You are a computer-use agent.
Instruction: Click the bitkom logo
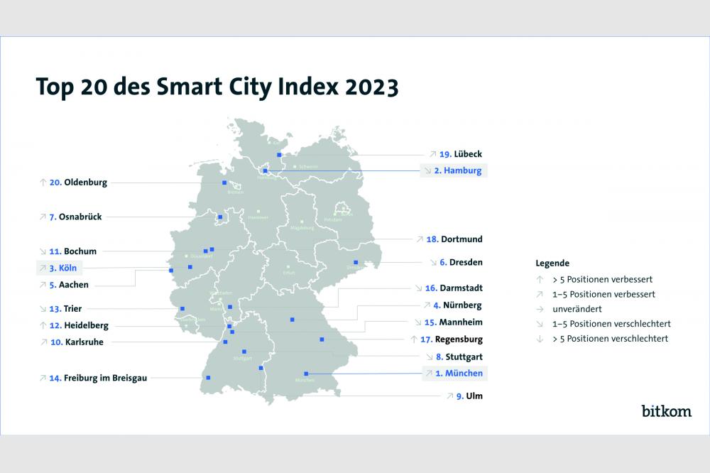(666, 411)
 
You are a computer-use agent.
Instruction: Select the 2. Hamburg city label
(458, 170)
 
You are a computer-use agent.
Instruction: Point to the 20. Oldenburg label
(78, 183)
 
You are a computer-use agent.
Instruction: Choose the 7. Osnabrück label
(75, 217)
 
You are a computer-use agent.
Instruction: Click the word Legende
(552, 263)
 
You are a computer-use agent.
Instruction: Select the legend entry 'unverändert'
(577, 309)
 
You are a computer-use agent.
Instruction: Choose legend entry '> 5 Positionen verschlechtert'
(610, 339)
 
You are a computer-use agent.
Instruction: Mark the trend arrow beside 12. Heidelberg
(43, 325)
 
